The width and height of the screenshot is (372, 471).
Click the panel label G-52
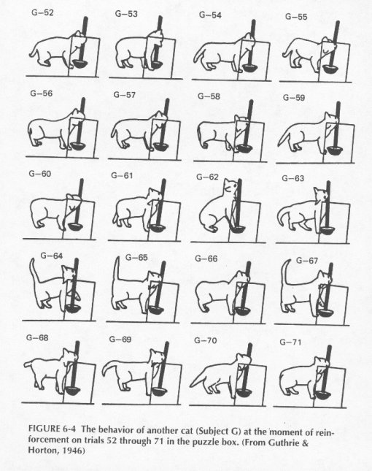click(42, 12)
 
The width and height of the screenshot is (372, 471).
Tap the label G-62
click(207, 177)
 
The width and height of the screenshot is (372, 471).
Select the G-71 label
click(290, 342)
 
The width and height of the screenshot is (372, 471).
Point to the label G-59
click(294, 98)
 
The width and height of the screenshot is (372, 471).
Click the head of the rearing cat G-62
click(230, 186)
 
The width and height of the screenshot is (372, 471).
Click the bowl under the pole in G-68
click(72, 391)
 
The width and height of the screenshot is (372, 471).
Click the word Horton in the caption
click(42, 451)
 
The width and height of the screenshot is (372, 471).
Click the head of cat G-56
click(77, 115)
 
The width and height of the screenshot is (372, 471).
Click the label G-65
click(136, 258)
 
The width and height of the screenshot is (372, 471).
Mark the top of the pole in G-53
click(160, 18)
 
